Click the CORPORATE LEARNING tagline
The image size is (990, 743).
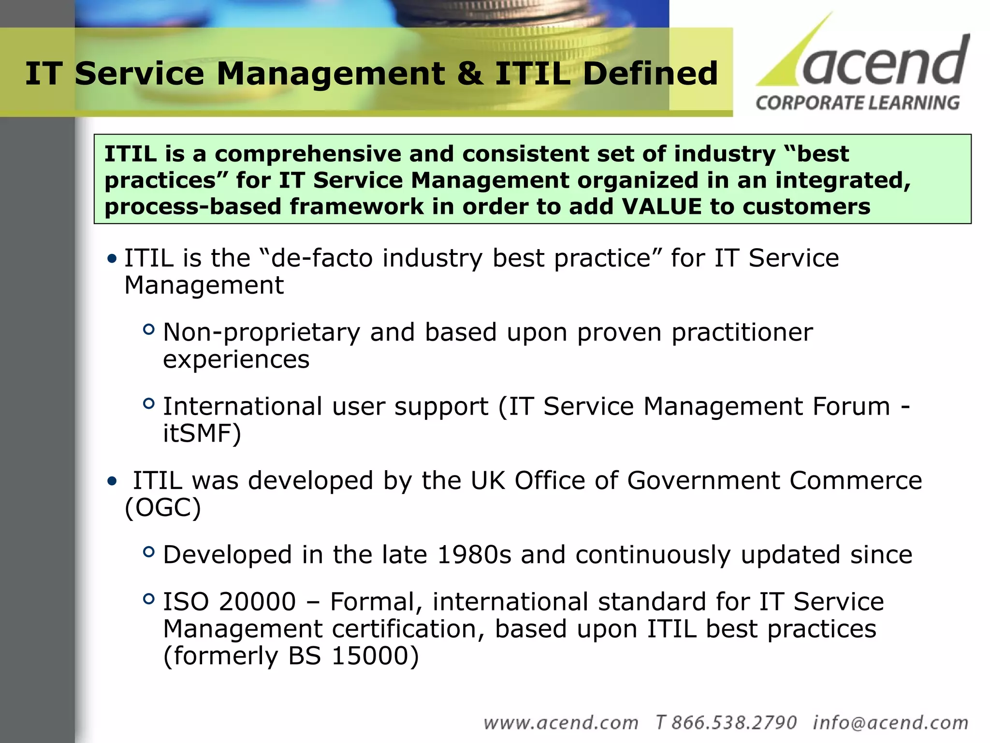click(x=858, y=103)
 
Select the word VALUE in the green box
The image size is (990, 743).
click(x=661, y=207)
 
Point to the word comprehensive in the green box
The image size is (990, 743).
click(x=308, y=154)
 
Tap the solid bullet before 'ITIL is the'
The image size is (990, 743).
click(x=112, y=259)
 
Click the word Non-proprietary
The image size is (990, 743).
click(x=261, y=333)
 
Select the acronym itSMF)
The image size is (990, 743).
click(x=202, y=433)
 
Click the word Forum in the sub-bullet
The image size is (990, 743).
click(x=851, y=406)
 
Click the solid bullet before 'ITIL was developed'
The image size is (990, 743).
click(x=112, y=481)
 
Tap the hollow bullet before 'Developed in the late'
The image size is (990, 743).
click(x=149, y=551)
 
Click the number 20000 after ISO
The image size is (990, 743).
click(x=257, y=602)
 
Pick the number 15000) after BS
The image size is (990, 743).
click(x=375, y=656)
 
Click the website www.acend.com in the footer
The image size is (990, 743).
click(x=561, y=723)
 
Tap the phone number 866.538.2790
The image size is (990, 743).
click(x=733, y=723)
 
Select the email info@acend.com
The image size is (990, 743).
click(x=890, y=723)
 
